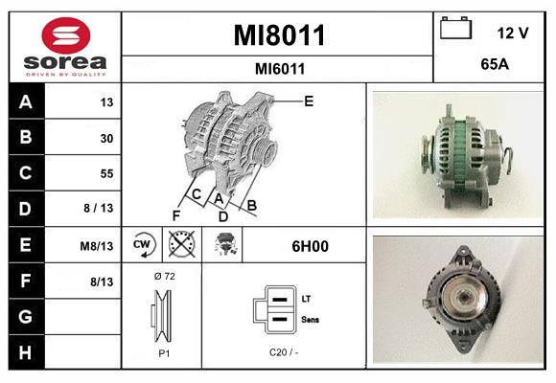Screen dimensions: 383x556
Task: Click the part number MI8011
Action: [280, 36]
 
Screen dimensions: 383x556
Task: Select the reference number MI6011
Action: [280, 69]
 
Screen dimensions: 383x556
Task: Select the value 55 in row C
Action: [106, 174]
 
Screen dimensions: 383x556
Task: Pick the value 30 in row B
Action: [106, 138]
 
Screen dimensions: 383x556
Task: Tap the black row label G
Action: [25, 317]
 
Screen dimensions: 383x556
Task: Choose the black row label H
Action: [25, 352]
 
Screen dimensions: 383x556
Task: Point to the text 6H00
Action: [310, 246]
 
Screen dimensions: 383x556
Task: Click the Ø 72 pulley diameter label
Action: [163, 276]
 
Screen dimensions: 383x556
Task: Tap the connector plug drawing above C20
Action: [274, 310]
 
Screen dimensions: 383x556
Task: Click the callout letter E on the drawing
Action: [309, 100]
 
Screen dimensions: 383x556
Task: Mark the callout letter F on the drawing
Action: [176, 214]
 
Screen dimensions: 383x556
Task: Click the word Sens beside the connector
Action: [311, 319]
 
